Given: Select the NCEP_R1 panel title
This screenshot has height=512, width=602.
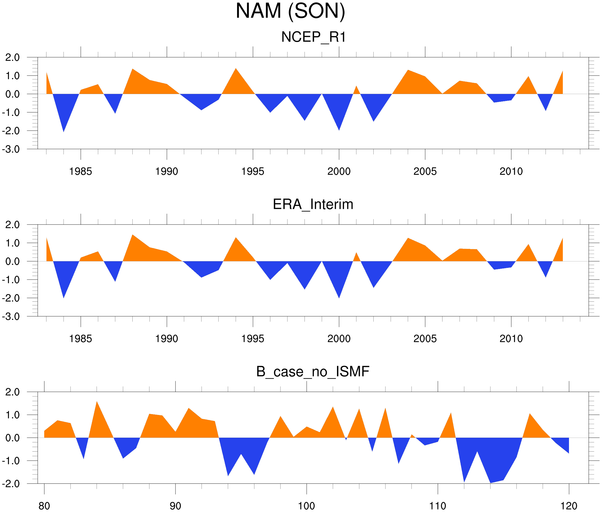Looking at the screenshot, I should click(313, 37).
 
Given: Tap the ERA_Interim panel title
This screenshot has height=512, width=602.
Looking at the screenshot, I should click(313, 204).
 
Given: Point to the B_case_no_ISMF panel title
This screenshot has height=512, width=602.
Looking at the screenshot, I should click(313, 372).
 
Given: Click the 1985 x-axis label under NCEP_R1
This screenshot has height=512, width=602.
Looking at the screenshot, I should click(81, 171).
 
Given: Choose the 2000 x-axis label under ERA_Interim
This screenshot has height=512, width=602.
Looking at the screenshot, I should click(339, 339).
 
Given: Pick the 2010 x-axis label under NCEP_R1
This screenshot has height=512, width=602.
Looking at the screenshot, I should click(511, 171).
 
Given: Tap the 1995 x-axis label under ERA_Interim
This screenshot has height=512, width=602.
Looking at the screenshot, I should click(253, 339).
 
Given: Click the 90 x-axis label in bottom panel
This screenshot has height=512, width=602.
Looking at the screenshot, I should click(175, 506).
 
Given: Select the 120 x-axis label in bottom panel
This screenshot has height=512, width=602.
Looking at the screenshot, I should click(569, 506).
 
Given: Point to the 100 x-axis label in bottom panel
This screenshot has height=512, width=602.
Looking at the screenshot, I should click(306, 506).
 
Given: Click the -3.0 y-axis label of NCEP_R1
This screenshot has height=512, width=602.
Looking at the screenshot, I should click(11, 150).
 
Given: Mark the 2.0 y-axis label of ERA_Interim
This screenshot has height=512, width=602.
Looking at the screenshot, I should click(13, 225).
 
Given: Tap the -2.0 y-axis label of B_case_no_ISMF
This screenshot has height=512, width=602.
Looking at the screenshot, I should click(11, 484).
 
